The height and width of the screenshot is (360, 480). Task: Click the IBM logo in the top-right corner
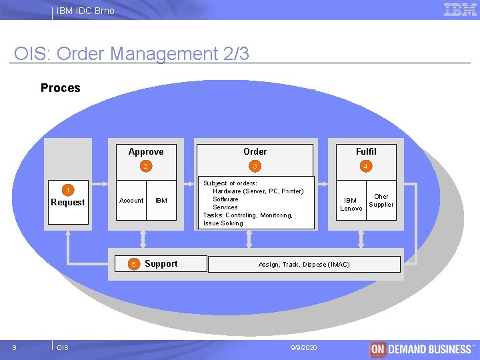460,9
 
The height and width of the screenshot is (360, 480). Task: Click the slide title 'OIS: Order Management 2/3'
131,53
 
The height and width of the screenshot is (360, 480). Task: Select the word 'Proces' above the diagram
60,88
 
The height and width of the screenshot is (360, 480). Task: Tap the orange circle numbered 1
68,191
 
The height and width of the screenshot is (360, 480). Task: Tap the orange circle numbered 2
145,166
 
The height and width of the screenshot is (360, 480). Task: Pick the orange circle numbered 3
254,166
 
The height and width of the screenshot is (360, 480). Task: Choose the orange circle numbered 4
365,166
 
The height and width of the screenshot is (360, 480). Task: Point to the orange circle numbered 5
133,265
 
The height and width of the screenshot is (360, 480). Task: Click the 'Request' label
68,203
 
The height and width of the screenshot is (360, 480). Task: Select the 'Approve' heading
146,151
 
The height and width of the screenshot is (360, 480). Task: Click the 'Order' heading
255,151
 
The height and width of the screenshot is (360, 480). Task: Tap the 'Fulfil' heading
365,151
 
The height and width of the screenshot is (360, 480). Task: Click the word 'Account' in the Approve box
131,200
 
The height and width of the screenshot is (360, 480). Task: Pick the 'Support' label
161,264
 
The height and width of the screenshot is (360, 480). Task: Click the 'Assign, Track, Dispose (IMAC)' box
304,265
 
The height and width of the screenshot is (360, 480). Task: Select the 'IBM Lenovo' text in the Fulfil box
351,204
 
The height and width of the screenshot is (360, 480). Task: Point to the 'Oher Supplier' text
381,201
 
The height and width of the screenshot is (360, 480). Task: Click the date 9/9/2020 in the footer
305,348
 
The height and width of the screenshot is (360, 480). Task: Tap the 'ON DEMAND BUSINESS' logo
421,349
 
